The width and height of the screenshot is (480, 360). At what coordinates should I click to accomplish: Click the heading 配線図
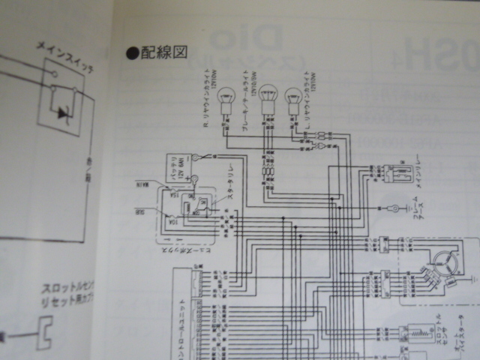[x=164, y=53]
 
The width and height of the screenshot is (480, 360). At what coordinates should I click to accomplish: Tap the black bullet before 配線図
[x=132, y=53]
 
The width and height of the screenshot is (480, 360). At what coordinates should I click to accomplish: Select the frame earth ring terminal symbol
[x=391, y=207]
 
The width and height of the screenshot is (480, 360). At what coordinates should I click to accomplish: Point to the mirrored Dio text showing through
[x=233, y=40]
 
